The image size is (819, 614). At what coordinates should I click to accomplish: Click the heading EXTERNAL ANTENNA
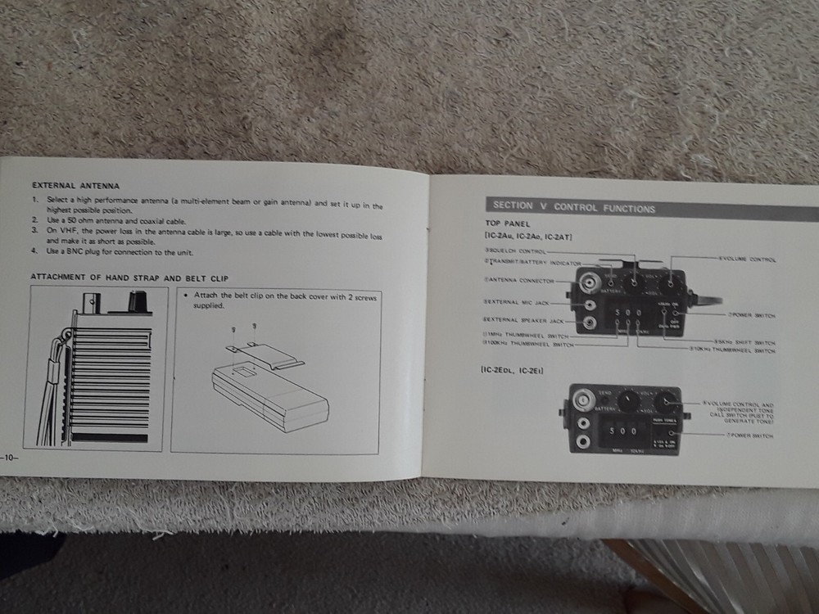(x=75, y=186)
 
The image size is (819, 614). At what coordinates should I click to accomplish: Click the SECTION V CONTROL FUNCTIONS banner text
(x=573, y=208)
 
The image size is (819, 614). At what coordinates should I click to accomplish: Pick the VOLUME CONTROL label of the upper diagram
(x=748, y=260)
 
